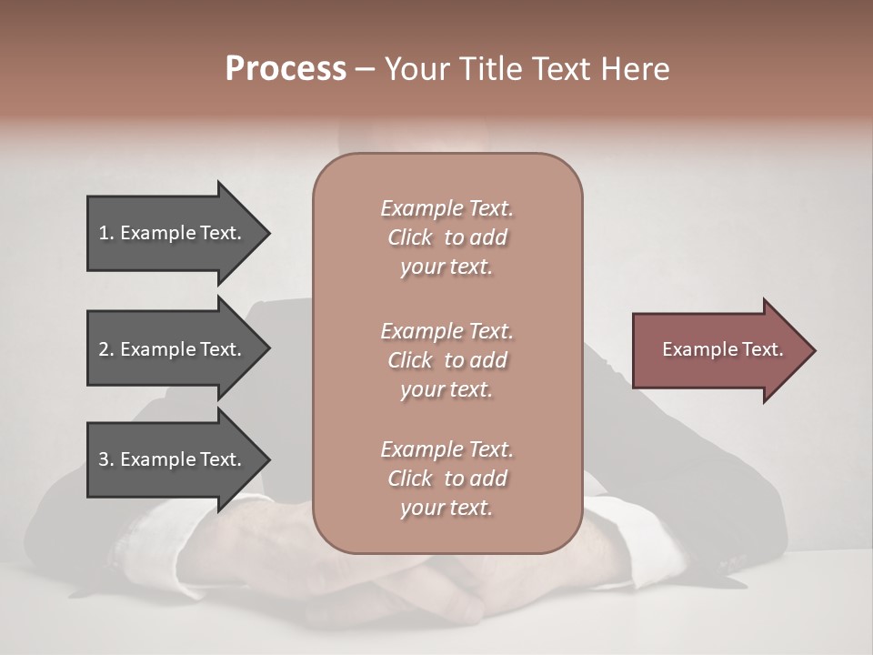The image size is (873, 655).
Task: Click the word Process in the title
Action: click(x=286, y=69)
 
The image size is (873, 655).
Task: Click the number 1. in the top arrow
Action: click(x=105, y=233)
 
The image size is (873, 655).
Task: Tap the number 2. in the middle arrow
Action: click(x=105, y=349)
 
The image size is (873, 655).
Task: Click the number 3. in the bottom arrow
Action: click(x=105, y=459)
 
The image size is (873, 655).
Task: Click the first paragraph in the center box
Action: click(x=447, y=237)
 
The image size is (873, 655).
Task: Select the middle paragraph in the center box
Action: click(x=447, y=360)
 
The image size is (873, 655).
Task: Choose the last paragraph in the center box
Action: click(x=447, y=479)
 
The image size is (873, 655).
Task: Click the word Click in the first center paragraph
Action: click(x=410, y=237)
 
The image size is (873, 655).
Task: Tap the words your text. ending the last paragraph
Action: click(x=447, y=508)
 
